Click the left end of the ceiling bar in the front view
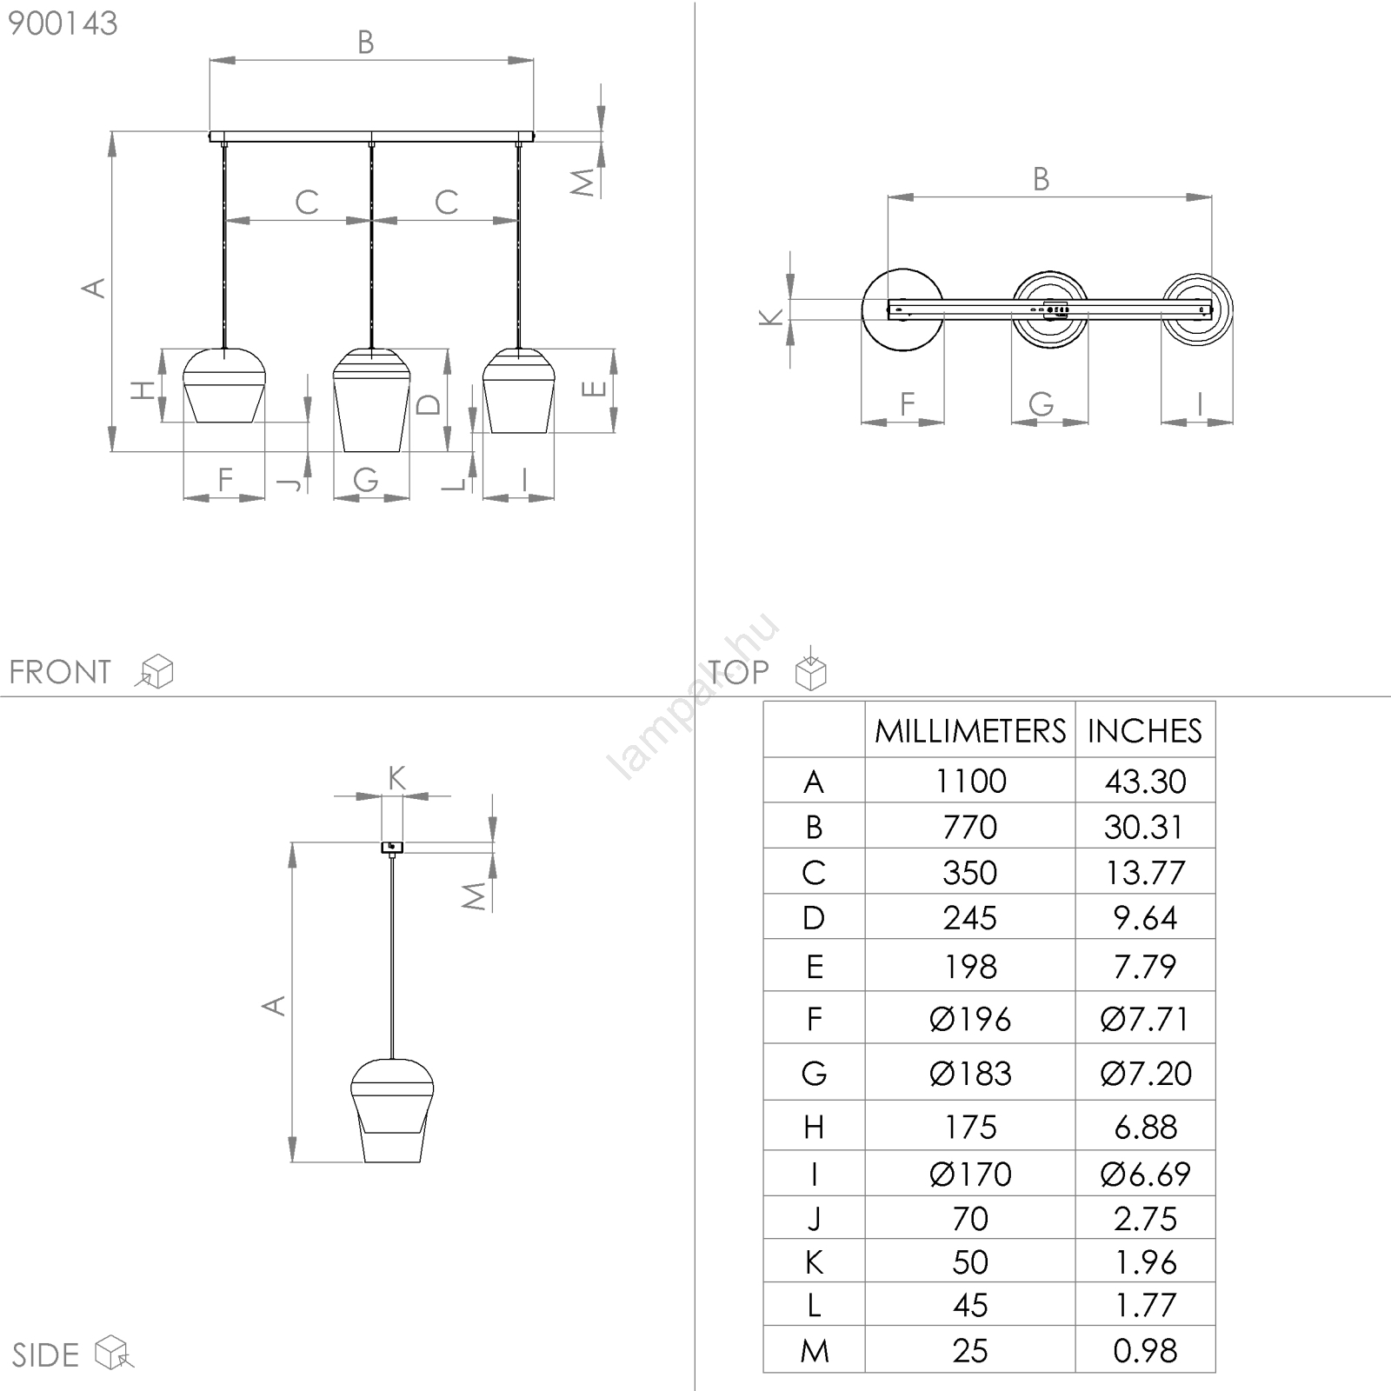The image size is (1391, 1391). pos(210,136)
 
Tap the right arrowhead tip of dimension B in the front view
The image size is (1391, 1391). pos(533,60)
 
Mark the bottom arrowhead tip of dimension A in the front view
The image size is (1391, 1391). pos(112,451)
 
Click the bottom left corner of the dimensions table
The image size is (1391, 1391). pos(764,1372)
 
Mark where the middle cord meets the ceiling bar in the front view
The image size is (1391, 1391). pos(371,142)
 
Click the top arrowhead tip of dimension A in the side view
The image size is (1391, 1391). pos(293,842)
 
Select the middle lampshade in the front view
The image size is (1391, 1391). pos(371,400)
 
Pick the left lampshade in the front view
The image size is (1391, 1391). pos(224,385)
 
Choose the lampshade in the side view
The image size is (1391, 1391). pos(392,1110)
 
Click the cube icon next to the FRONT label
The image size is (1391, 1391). pos(156,670)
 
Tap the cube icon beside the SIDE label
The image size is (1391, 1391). pos(113,1352)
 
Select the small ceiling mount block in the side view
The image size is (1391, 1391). pos(392,847)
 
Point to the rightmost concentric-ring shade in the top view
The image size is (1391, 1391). pos(1197,309)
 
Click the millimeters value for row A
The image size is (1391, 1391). pos(970,781)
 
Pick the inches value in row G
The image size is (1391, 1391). pos(1146,1073)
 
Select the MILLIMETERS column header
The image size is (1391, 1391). pos(970,731)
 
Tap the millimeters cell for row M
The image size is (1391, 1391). pos(970,1350)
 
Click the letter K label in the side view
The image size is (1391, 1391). pos(396,777)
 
